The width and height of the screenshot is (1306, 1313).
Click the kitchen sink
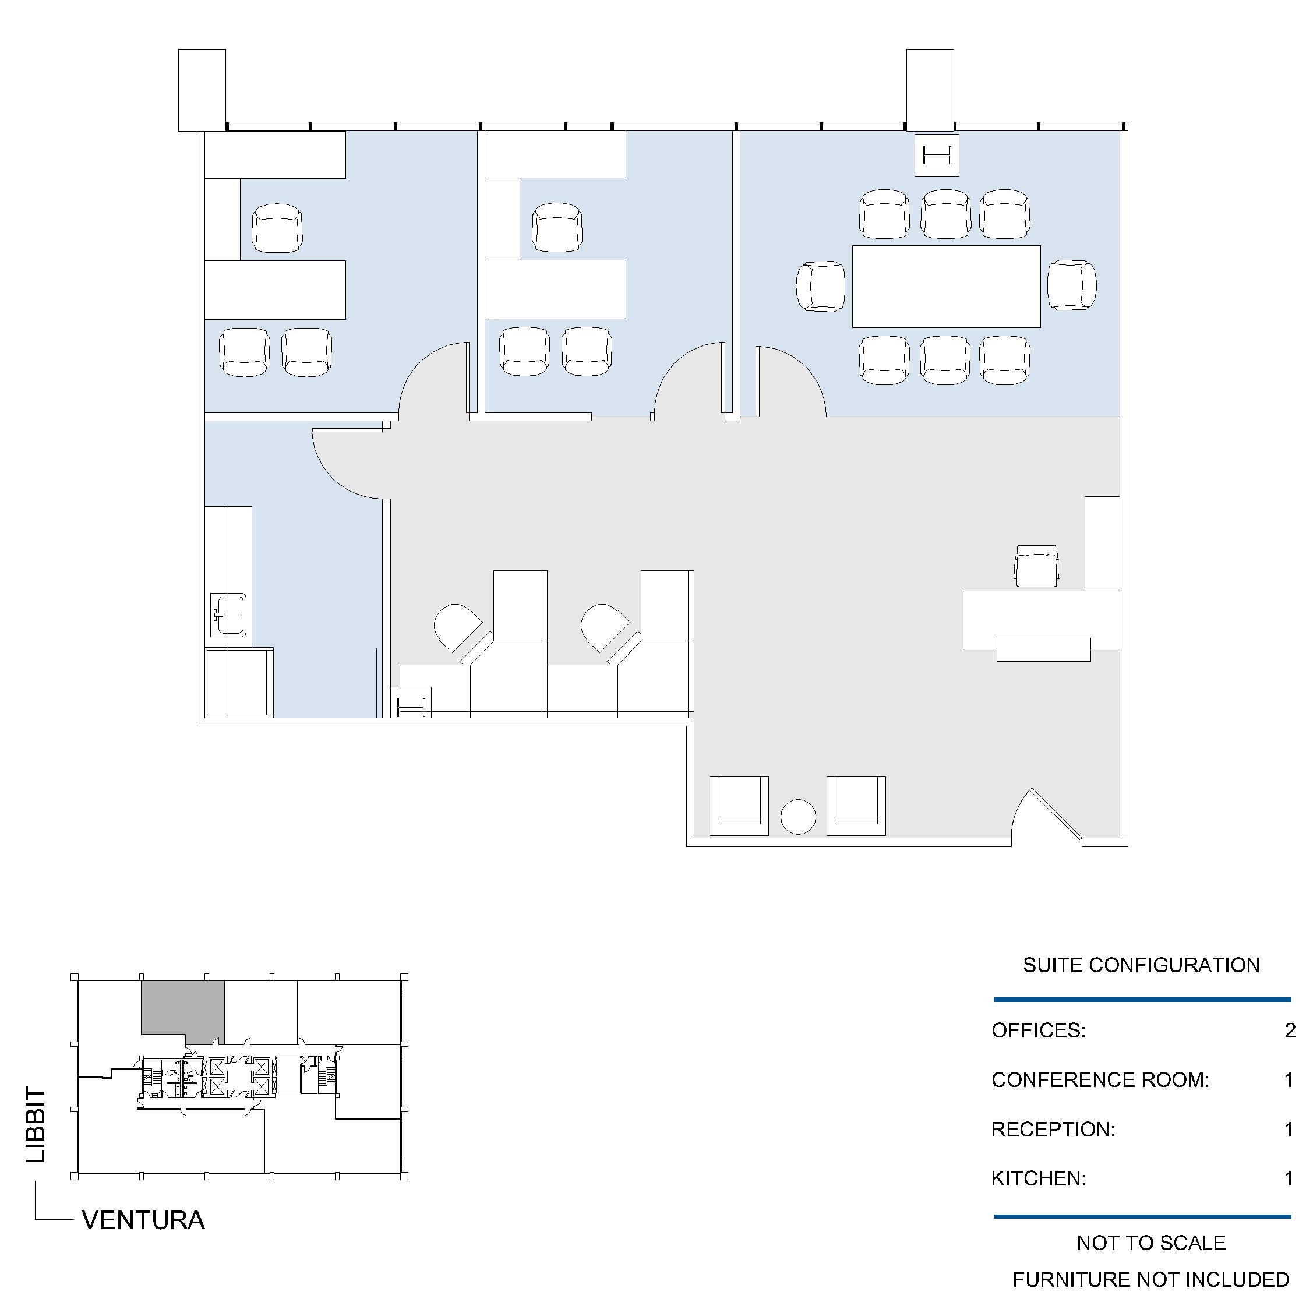click(x=228, y=615)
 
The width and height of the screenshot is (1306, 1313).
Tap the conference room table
click(x=946, y=286)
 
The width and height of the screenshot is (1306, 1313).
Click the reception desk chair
click(x=1036, y=566)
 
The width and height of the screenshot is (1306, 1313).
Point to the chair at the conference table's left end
click(x=821, y=286)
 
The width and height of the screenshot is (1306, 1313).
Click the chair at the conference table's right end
click(x=1072, y=285)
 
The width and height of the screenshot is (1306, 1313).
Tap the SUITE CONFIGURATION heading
click(x=1141, y=965)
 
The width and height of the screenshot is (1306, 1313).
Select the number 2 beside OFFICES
click(x=1290, y=1030)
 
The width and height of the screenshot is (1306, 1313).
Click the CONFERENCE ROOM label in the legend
click(x=1100, y=1079)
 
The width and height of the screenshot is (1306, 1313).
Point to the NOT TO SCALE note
click(x=1151, y=1243)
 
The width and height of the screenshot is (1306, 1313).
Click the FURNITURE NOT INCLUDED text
click(x=1150, y=1280)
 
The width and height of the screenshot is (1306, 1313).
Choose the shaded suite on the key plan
click(x=182, y=1011)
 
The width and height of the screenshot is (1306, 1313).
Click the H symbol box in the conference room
click(x=936, y=155)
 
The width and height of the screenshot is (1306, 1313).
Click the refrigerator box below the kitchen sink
click(x=239, y=682)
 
